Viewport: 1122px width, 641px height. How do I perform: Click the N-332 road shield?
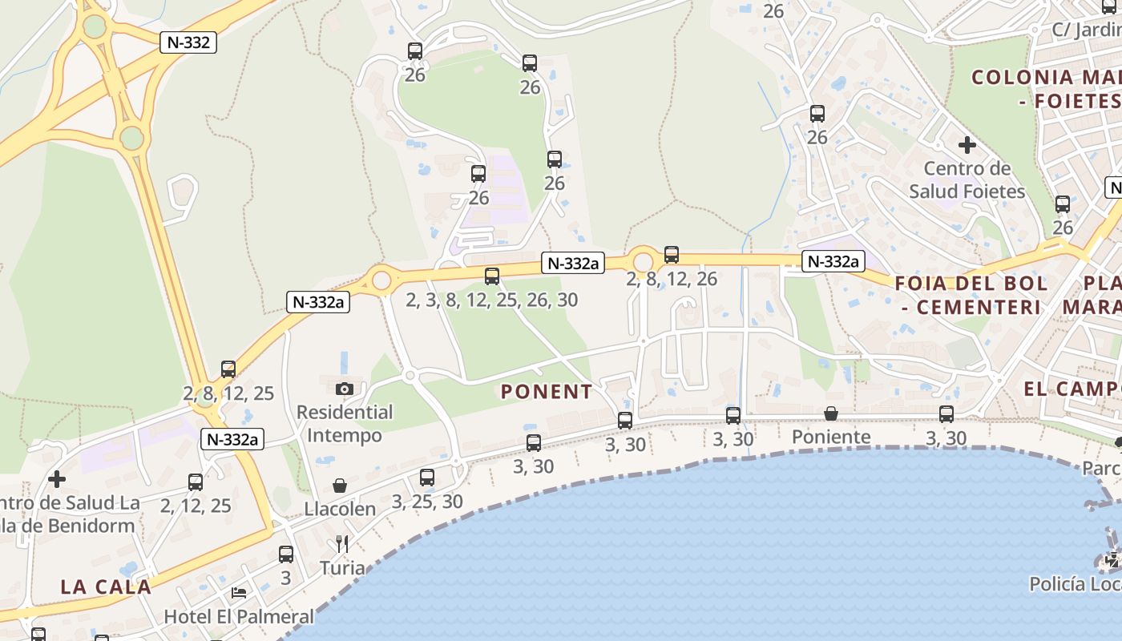click(189, 42)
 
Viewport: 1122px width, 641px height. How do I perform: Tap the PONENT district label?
click(547, 392)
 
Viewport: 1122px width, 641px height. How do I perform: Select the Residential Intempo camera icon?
click(345, 389)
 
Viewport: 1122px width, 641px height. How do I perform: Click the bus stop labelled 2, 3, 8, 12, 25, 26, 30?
click(492, 276)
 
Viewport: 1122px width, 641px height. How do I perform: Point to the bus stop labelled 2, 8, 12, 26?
click(672, 255)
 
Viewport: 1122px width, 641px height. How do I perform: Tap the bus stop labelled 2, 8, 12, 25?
click(228, 369)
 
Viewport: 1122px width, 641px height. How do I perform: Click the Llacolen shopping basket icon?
click(340, 486)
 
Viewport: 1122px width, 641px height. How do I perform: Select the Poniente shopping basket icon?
click(831, 413)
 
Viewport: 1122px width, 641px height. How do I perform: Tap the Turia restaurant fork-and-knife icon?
click(342, 544)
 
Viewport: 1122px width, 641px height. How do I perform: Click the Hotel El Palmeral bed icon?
click(239, 593)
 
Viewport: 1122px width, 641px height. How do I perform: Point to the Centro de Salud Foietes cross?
click(967, 145)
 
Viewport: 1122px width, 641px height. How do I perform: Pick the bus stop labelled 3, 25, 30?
click(427, 478)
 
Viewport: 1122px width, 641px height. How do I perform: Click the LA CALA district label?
click(106, 587)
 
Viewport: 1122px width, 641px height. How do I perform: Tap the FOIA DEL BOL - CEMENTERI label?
click(971, 295)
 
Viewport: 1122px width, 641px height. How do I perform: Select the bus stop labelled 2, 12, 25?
click(196, 482)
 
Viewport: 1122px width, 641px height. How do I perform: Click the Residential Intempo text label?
click(345, 424)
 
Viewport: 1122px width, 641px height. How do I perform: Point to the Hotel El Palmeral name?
click(239, 616)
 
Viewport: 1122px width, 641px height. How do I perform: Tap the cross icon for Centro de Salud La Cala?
click(57, 479)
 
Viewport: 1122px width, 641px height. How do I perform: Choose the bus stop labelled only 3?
click(286, 554)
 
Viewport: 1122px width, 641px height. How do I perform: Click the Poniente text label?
click(831, 437)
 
